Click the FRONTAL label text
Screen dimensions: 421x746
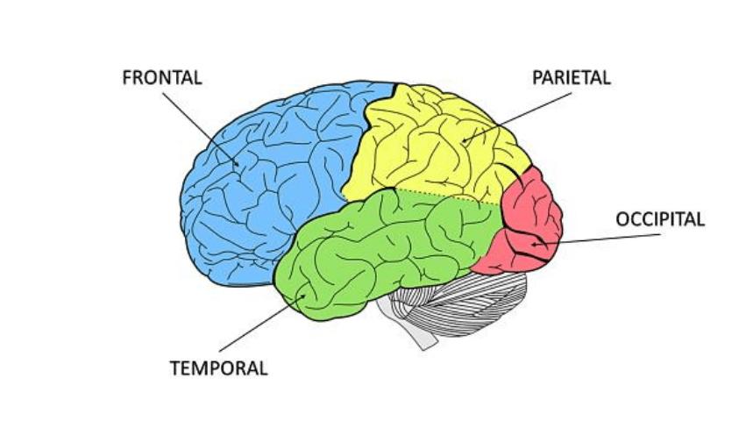(162, 77)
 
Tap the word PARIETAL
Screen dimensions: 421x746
(571, 77)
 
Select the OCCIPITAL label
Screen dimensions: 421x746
(659, 219)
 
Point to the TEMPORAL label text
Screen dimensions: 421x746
(218, 367)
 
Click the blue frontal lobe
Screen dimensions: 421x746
(254, 193)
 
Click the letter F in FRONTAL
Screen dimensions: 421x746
(127, 77)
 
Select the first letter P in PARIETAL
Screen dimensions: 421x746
(537, 77)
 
